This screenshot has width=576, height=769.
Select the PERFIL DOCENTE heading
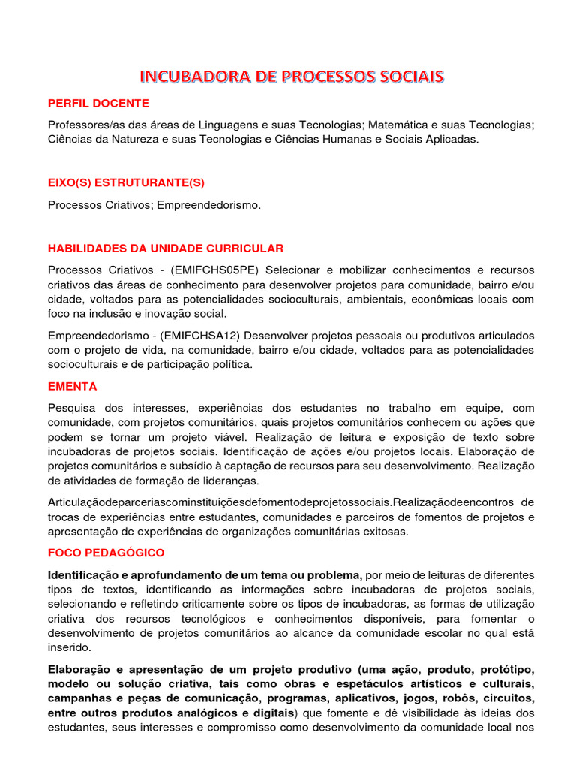pos(98,103)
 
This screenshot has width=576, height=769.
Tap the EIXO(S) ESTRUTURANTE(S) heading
pos(126,182)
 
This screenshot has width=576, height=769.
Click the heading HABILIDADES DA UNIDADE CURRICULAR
pos(166,249)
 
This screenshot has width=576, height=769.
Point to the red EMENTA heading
pos(73,387)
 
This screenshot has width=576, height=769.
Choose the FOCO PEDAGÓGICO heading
pos(106,553)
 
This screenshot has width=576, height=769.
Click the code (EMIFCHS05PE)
pos(215,270)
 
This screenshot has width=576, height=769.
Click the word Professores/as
pos(86,124)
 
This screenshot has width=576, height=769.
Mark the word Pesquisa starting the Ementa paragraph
pos(73,408)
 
